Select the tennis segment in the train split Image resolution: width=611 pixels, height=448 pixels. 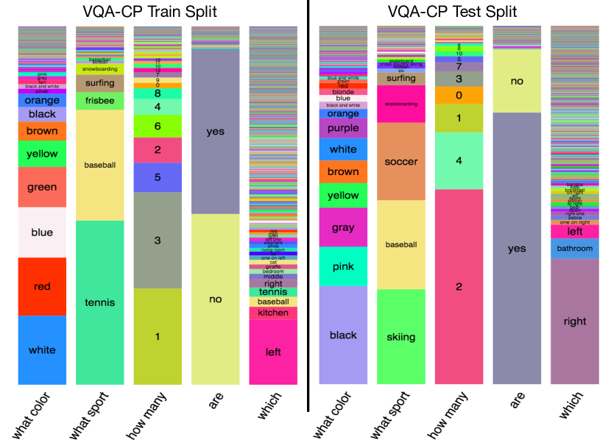coord(99,302)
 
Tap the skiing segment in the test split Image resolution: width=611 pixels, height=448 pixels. coord(400,337)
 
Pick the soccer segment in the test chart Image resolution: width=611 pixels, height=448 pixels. coord(400,162)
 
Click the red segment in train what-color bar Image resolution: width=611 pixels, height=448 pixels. coord(42,286)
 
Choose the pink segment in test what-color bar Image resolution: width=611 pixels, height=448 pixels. coord(342,266)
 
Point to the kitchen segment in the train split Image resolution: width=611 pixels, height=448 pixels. coord(273,313)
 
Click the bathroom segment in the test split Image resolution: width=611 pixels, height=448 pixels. coord(574,249)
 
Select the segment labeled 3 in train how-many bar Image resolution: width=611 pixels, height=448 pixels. coord(158,240)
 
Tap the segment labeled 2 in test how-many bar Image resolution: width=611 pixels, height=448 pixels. coord(459,286)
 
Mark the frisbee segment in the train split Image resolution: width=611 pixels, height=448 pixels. coord(99,101)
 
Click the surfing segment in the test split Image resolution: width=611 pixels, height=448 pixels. coord(400,79)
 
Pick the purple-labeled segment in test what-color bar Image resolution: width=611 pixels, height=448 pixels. coord(342,129)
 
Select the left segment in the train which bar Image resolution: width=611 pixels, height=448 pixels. coord(273,352)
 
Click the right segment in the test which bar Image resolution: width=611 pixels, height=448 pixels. coord(574,321)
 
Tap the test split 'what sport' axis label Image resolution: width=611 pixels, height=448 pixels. coord(389,416)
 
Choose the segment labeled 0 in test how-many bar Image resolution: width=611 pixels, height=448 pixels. coord(459,95)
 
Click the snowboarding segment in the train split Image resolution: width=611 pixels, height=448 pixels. coord(99,68)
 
